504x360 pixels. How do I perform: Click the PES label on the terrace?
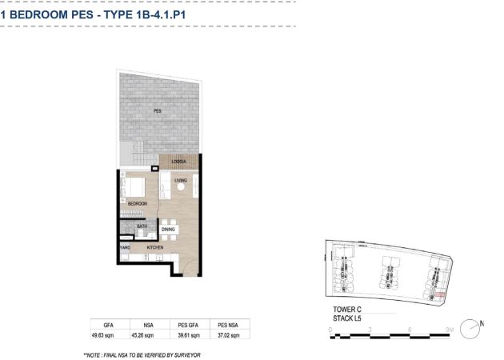(157, 111)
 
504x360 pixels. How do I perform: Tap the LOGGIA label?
(178, 162)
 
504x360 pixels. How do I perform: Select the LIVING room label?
(181, 180)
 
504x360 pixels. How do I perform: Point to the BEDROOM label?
(138, 203)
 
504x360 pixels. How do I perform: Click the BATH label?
(142, 226)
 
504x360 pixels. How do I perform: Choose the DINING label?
(168, 229)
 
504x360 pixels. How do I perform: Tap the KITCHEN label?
(155, 247)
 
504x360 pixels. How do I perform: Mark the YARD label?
(126, 247)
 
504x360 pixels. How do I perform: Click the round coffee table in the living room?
(181, 186)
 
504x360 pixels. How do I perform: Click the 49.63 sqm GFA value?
(102, 335)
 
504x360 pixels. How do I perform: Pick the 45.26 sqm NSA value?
(142, 335)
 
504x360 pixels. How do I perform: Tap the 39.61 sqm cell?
(189, 335)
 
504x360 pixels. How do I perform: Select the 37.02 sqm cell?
(229, 335)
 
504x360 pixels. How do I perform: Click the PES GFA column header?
(188, 326)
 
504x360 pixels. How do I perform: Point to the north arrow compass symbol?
(470, 329)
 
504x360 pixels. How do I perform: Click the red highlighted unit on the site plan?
(439, 294)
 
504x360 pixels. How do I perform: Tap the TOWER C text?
(347, 310)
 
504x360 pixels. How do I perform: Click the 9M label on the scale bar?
(450, 330)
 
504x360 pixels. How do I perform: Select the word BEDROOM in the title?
(51, 14)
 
